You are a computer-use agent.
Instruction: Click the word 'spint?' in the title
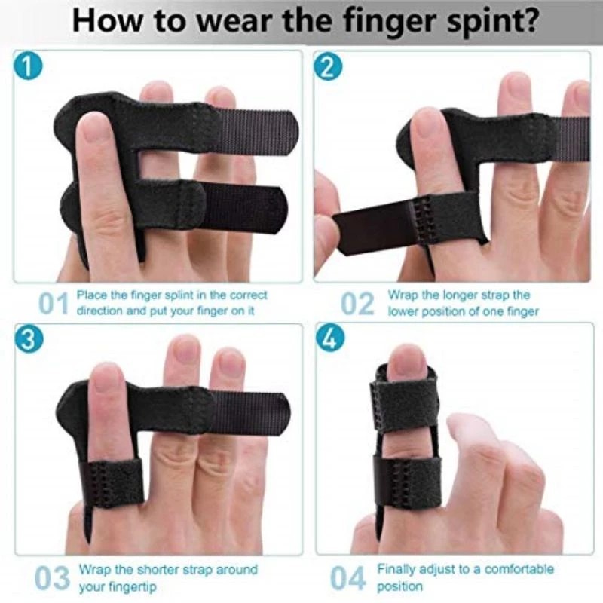[x=492, y=22]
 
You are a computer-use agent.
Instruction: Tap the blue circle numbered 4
[x=329, y=338]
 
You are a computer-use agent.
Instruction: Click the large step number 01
[x=54, y=304]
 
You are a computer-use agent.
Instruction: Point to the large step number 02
[x=357, y=304]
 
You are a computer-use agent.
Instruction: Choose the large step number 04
[x=348, y=578]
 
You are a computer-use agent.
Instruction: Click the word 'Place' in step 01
[x=92, y=295]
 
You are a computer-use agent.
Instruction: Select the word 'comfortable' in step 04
[x=519, y=569]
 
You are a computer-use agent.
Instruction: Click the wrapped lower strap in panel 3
[x=112, y=482]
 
